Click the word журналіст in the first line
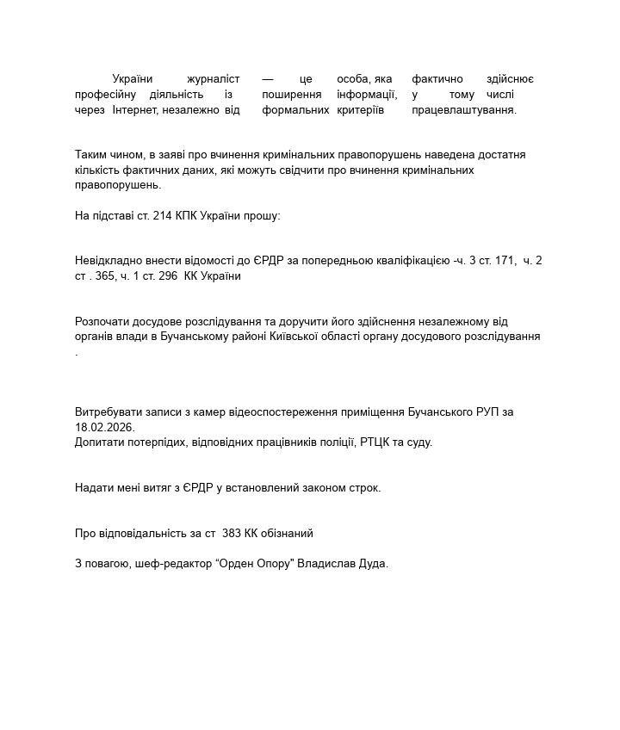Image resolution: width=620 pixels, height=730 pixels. point(213,79)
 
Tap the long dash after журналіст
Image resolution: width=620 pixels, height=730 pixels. point(268,79)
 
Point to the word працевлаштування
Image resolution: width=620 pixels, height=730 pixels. point(463,110)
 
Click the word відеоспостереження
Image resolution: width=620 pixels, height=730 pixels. point(256,412)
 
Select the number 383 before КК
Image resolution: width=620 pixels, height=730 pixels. point(232,534)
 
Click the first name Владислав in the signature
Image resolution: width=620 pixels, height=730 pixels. point(324,565)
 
